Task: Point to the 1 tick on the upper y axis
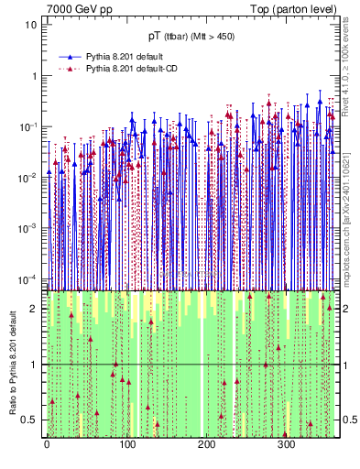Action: (x=34, y=75)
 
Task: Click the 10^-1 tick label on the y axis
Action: (x=29, y=125)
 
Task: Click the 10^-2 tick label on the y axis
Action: (x=29, y=177)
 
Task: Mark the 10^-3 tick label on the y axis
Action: (x=29, y=227)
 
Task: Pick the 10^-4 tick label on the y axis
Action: (x=29, y=278)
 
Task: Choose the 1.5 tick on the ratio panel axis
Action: (x=30, y=336)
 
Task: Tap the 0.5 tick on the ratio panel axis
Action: (x=30, y=420)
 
